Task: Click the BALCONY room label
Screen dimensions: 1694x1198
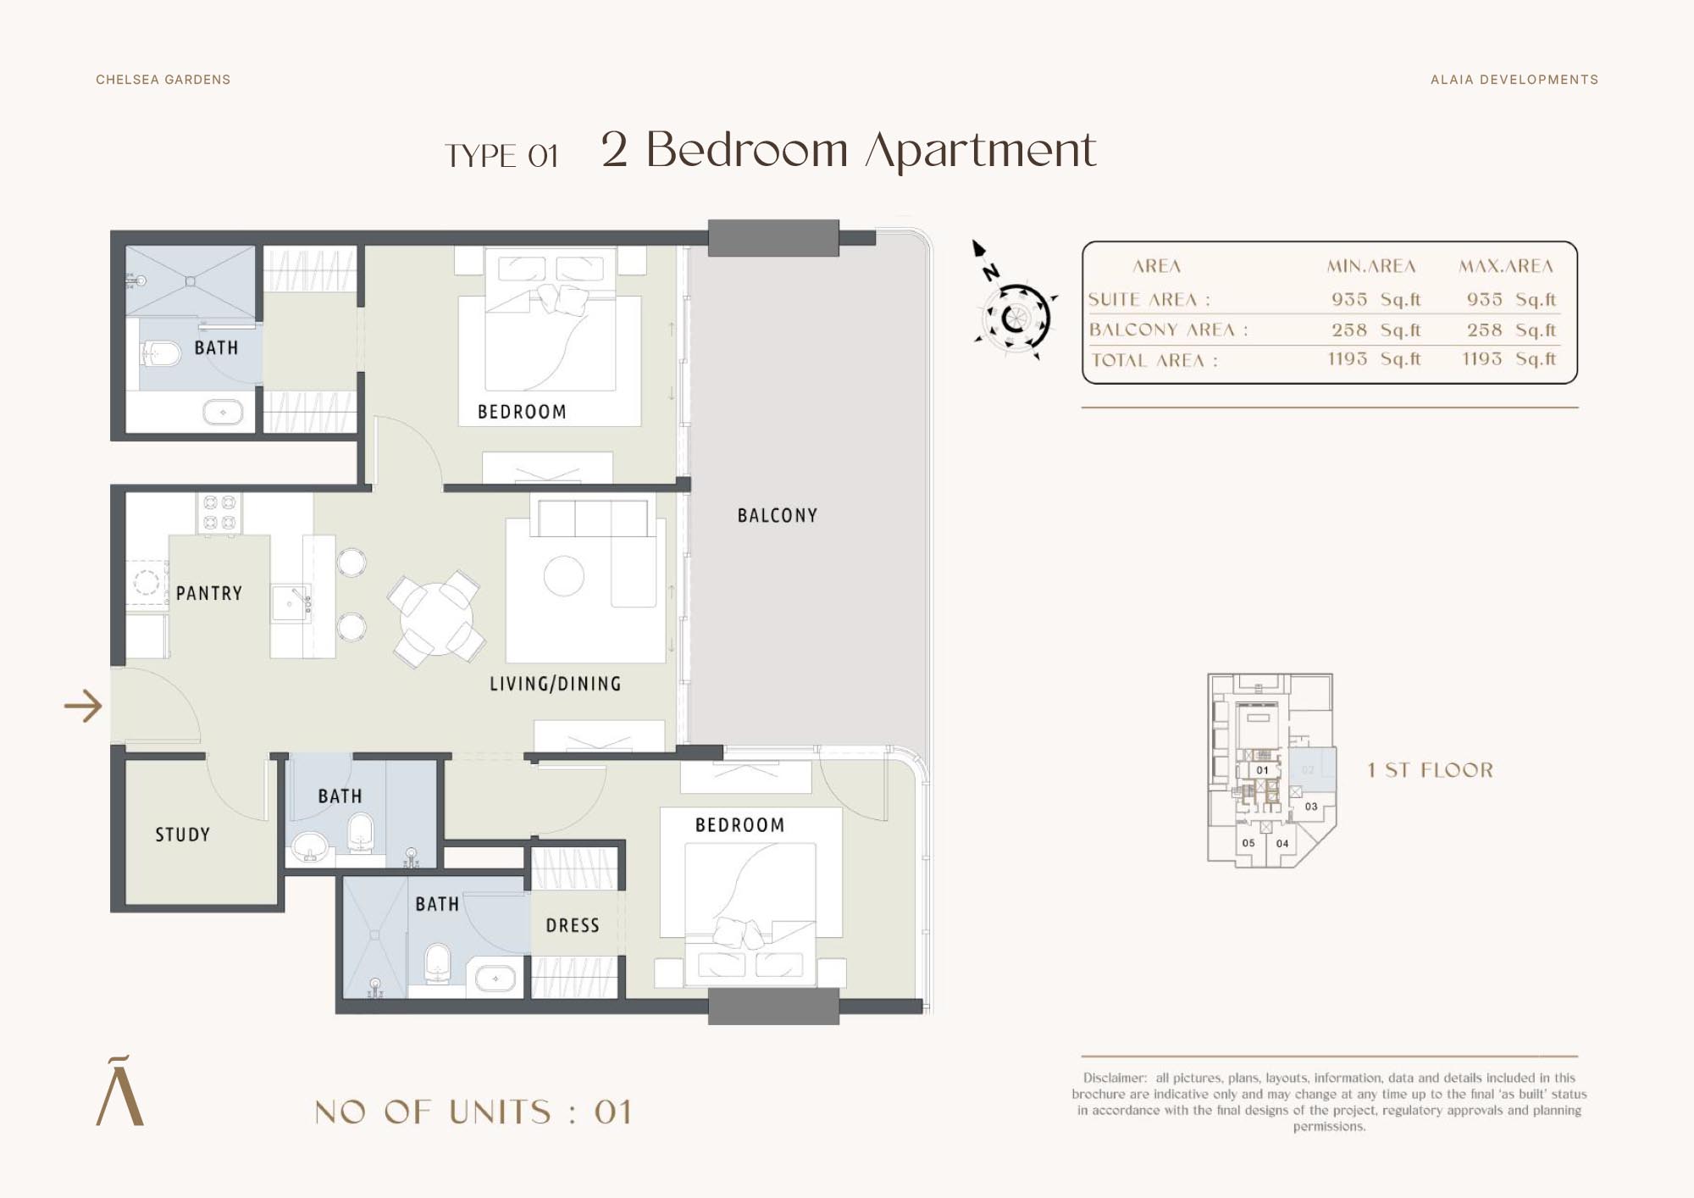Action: pos(777,515)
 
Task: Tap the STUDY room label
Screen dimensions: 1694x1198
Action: pos(182,835)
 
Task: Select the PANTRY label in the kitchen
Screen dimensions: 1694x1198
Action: pos(209,593)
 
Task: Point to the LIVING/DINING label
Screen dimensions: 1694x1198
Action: pos(555,684)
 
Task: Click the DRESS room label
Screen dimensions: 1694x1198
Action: pos(573,925)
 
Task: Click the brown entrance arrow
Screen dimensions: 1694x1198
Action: pos(83,706)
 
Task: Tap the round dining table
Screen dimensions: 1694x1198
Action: pos(436,618)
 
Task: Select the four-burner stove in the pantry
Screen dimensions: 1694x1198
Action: pos(219,513)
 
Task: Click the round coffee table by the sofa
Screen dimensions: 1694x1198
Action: pos(564,576)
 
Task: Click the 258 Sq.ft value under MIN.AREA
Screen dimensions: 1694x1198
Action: pos(1376,330)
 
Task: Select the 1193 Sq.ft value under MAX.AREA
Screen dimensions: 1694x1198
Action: pos(1509,358)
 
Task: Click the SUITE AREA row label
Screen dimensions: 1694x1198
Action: pos(1149,299)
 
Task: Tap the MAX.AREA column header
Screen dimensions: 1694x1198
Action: pos(1506,266)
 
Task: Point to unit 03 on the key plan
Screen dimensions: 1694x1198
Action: pos(1311,807)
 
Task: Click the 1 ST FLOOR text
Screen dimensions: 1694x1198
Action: pos(1431,770)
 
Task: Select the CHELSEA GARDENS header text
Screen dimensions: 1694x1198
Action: pos(163,80)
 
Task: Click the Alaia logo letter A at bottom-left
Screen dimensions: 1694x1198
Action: pos(120,1091)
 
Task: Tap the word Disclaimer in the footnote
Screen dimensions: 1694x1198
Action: pos(1115,1078)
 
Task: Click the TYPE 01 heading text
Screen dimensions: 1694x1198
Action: pos(501,156)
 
